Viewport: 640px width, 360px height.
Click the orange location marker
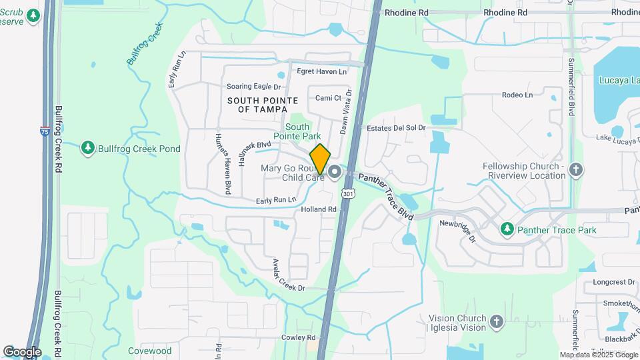(x=321, y=159)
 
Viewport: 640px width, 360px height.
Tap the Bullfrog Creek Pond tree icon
(x=87, y=147)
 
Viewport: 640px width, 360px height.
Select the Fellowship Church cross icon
(x=577, y=170)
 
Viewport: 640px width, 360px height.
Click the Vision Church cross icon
(x=495, y=323)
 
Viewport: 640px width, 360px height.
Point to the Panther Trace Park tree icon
(x=507, y=229)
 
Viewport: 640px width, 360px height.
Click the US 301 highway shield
(x=347, y=193)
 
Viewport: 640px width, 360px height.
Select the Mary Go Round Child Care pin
(x=334, y=173)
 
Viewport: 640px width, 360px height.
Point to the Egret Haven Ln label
(x=322, y=71)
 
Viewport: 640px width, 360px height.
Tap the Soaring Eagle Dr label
(x=253, y=87)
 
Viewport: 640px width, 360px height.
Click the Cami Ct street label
(x=328, y=98)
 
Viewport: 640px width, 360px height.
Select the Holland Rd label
(x=319, y=209)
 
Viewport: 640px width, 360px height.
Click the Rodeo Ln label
(x=517, y=95)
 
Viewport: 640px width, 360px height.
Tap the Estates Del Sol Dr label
(x=391, y=128)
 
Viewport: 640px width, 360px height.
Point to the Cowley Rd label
(x=293, y=338)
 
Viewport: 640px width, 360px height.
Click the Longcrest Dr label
(x=613, y=282)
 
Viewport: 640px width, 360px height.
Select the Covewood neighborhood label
(x=150, y=351)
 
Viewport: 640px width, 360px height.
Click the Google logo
(x=22, y=351)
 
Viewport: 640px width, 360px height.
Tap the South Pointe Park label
(x=297, y=131)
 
